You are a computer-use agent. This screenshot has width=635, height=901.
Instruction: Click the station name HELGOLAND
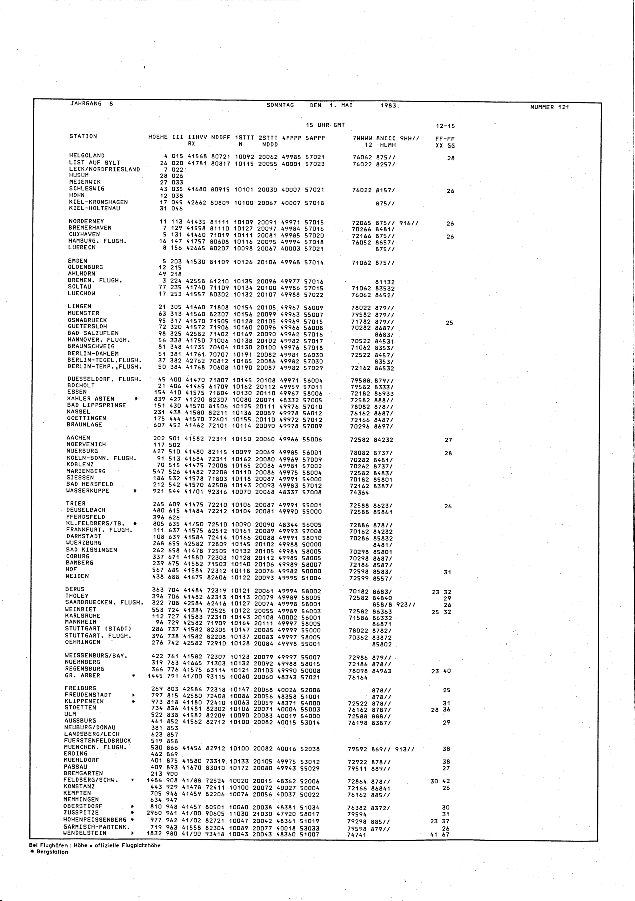(87, 155)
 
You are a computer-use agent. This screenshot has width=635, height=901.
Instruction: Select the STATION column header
(83, 136)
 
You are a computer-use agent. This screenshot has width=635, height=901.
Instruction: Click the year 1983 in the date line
(388, 106)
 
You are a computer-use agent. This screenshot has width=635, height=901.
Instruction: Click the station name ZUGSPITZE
(81, 812)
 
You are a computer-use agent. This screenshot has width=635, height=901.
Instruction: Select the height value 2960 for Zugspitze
(155, 813)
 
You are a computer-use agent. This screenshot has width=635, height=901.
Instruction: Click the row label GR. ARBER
(83, 675)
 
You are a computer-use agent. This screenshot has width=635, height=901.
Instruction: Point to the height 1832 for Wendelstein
(155, 833)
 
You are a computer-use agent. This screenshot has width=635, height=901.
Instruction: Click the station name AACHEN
(78, 437)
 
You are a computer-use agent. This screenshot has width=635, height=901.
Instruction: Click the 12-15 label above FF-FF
(445, 126)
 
